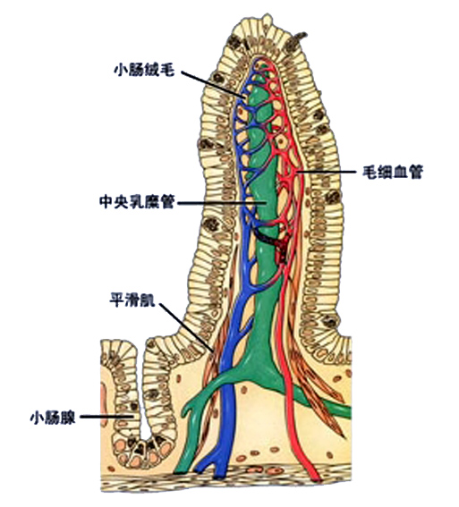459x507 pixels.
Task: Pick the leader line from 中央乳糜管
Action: pyautogui.click(x=219, y=204)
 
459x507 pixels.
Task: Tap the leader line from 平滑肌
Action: pyautogui.click(x=183, y=325)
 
